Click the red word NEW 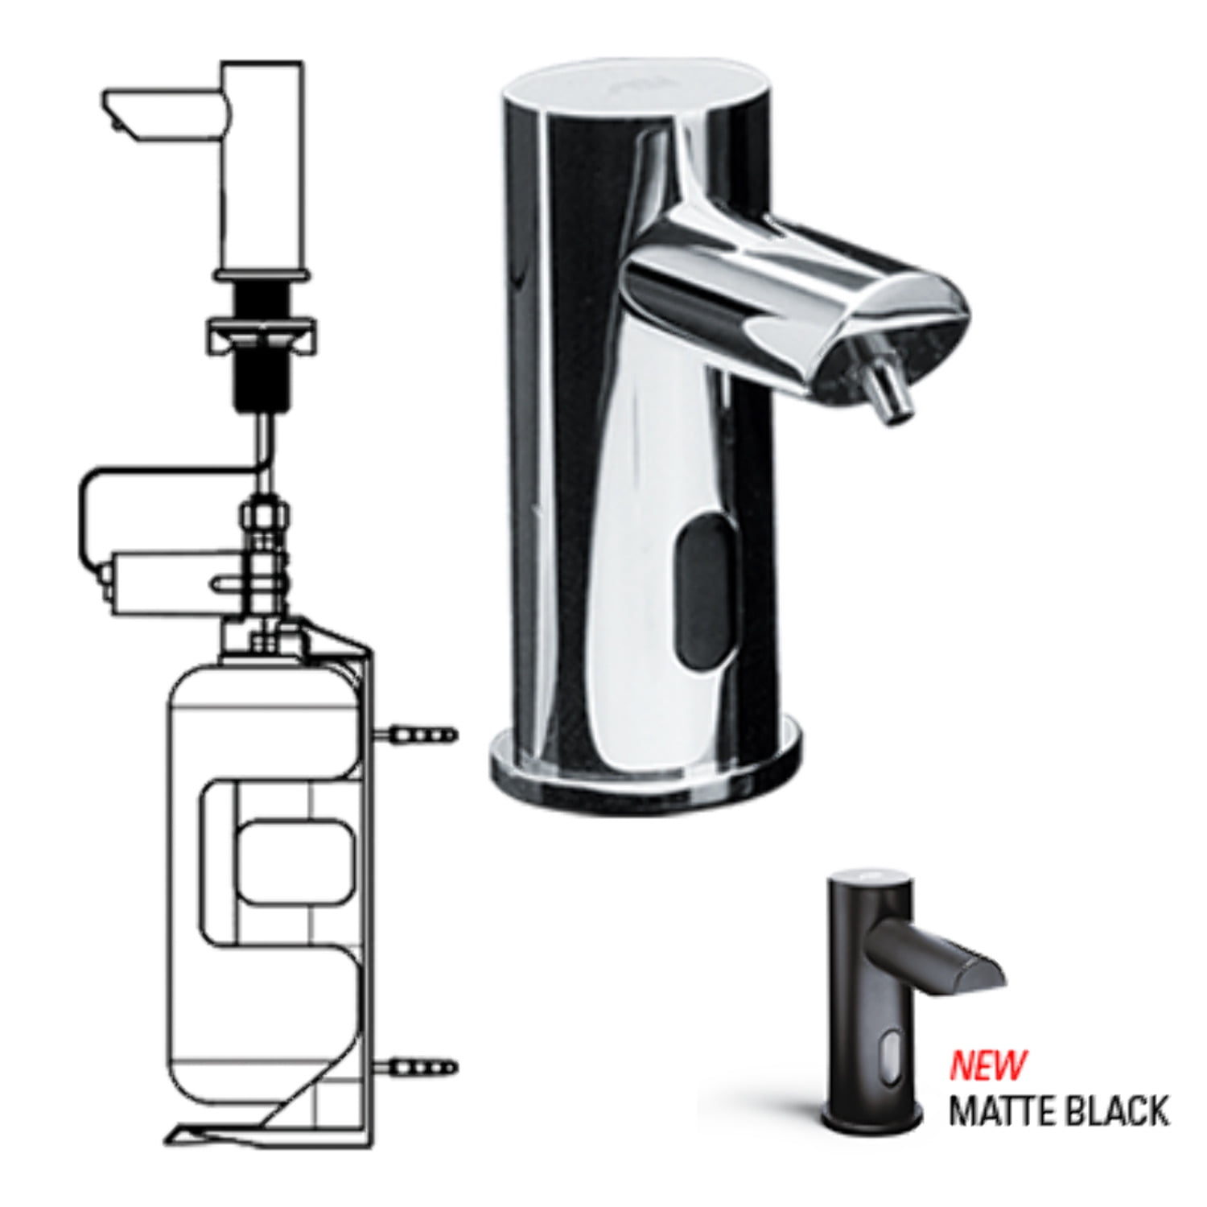point(988,1065)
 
